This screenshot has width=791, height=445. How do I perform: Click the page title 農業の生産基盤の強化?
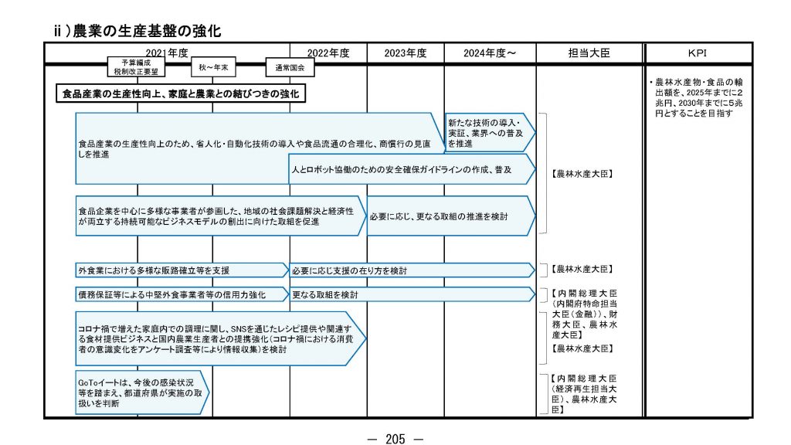[147, 31]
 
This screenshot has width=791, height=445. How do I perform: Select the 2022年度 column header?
[328, 53]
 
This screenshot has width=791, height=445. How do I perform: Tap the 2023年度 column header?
[406, 53]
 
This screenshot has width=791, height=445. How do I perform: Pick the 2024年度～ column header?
[490, 53]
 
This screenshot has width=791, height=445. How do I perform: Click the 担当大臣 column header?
[589, 53]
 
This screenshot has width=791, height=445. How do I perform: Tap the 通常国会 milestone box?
[290, 68]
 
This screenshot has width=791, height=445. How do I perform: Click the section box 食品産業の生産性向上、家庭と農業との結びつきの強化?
[181, 94]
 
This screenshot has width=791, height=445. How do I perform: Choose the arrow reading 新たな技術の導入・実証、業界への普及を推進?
[488, 133]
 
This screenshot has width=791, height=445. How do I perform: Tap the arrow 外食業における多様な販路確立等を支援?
[181, 270]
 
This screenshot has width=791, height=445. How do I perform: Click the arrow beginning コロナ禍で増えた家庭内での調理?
[219, 338]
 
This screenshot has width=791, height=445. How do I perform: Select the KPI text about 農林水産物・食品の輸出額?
[691, 97]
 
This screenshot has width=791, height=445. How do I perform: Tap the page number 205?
[395, 438]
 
